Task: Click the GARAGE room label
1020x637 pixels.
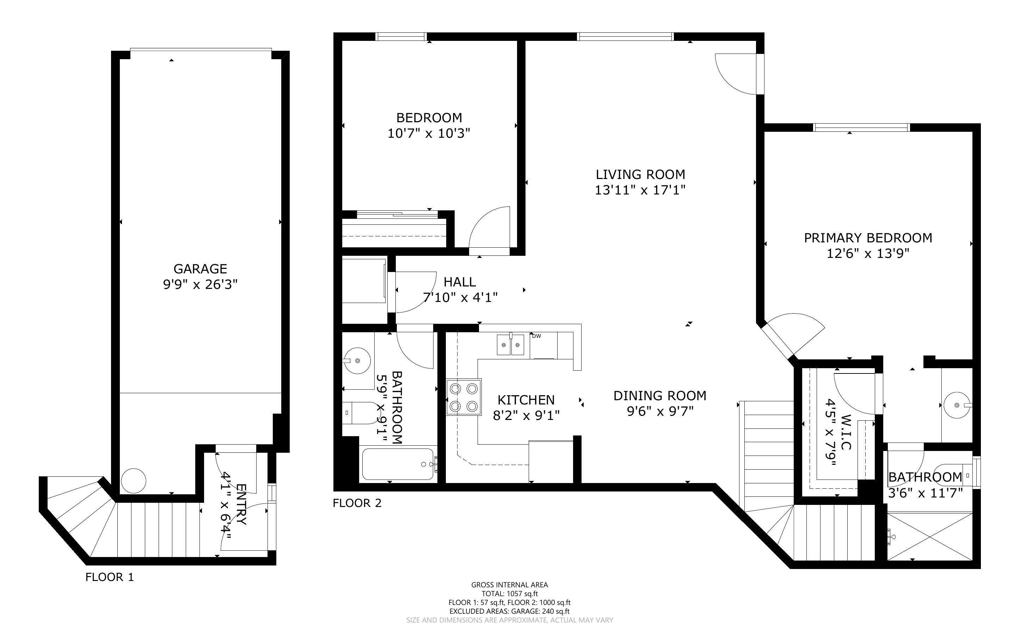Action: pyautogui.click(x=200, y=269)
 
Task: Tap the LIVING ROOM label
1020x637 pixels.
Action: pyautogui.click(x=640, y=174)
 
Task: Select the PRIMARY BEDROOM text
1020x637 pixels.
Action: pyautogui.click(x=868, y=238)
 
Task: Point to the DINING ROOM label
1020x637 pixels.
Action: pyautogui.click(x=660, y=396)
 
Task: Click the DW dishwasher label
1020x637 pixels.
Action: pyautogui.click(x=536, y=336)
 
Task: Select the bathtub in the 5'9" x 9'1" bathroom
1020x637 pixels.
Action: pyautogui.click(x=398, y=464)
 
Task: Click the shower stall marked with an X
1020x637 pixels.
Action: pyautogui.click(x=930, y=536)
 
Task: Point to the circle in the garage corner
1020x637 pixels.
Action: pyautogui.click(x=134, y=481)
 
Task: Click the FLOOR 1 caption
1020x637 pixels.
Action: pyautogui.click(x=110, y=577)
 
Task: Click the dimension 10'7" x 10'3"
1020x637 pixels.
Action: pyautogui.click(x=429, y=134)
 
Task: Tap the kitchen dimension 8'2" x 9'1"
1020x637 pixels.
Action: pyautogui.click(x=526, y=416)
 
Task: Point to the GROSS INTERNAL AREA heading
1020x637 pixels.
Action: pyautogui.click(x=509, y=585)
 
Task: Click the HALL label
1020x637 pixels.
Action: pyautogui.click(x=460, y=282)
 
